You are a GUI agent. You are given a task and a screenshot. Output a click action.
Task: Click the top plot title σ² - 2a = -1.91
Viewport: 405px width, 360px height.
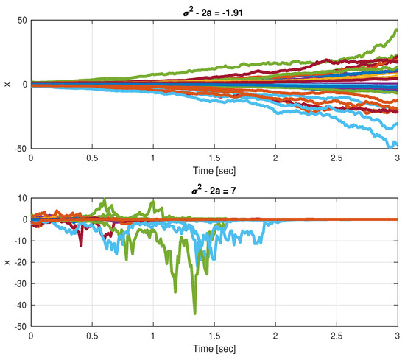(x=214, y=9)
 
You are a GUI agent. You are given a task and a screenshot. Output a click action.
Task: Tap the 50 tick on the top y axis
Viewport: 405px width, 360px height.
(x=21, y=20)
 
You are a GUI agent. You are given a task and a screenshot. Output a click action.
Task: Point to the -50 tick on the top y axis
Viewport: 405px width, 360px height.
(x=18, y=148)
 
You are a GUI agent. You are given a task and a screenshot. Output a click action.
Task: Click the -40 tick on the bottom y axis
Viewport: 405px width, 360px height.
(x=18, y=305)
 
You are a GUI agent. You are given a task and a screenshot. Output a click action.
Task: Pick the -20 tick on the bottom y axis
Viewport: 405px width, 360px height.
(x=18, y=262)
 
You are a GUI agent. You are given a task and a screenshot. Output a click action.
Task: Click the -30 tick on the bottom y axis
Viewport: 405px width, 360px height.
(x=18, y=283)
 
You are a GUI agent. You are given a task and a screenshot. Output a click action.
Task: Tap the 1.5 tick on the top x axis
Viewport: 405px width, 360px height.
(x=214, y=158)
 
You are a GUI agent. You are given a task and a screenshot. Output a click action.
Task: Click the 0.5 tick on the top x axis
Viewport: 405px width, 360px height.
(x=92, y=158)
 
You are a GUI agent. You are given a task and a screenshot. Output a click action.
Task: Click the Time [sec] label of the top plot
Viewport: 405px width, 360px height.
(x=214, y=168)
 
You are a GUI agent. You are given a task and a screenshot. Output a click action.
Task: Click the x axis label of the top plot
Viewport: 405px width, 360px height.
(x=7, y=84)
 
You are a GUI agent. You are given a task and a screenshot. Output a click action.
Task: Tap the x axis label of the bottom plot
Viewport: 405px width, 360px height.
(x=7, y=262)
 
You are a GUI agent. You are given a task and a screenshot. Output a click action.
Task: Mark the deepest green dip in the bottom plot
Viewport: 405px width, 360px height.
(x=194, y=313)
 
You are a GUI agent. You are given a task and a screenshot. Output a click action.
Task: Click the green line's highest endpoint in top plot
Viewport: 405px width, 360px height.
(x=397, y=30)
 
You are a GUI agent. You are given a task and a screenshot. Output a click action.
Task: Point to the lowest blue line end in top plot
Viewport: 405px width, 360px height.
(x=396, y=145)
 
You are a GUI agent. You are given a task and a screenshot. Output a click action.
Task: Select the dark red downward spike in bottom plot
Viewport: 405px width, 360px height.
(x=81, y=244)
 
